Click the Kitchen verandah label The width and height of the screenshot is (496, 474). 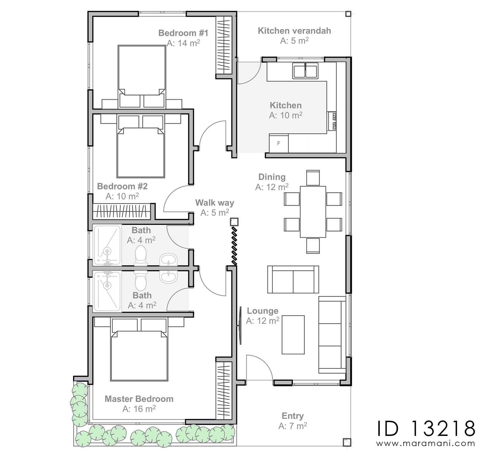[294, 31]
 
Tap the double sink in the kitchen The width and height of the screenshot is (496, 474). [305, 71]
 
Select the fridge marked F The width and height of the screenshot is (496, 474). [279, 143]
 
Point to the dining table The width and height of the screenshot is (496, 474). [313, 212]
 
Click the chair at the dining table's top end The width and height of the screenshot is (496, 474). [313, 178]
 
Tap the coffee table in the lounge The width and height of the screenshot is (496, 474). [293, 335]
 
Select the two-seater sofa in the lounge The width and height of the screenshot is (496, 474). [293, 279]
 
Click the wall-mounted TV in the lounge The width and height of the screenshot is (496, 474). [240, 325]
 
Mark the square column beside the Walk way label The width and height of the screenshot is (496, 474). [234, 221]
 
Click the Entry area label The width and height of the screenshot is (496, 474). [293, 416]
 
